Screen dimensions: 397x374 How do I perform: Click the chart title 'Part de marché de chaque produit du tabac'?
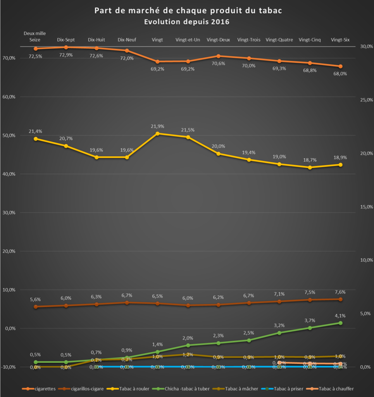click(x=188, y=10)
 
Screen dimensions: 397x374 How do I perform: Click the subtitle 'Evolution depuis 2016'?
click(x=187, y=22)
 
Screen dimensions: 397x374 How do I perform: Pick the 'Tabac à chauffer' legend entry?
click(x=334, y=388)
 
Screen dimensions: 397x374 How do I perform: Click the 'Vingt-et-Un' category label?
click(x=188, y=40)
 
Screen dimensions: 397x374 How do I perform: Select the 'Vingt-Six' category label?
click(x=340, y=40)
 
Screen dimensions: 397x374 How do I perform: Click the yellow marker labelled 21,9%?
click(x=157, y=133)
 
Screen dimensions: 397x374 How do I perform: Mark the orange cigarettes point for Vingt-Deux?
click(x=219, y=56)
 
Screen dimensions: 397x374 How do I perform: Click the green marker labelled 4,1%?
click(x=340, y=323)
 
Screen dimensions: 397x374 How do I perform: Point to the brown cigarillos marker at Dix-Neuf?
click(x=127, y=302)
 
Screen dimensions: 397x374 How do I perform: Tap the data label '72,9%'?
click(x=66, y=55)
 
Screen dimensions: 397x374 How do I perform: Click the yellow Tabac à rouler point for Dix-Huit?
click(x=97, y=157)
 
